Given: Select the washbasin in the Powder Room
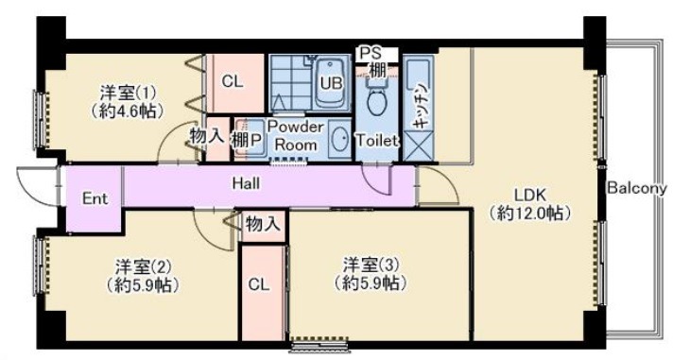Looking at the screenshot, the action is click(340, 139).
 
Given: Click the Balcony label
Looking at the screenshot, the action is click(637, 188).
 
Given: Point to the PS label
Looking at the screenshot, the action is click(370, 53).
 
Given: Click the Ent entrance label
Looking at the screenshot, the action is click(95, 198).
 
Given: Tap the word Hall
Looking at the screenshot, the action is click(246, 183).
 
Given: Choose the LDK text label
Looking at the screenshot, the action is click(530, 196).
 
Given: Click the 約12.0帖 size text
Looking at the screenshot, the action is click(530, 214).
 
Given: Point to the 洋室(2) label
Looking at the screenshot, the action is click(143, 266).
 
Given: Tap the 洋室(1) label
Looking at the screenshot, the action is click(128, 93).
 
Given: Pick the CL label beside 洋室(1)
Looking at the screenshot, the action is click(233, 81).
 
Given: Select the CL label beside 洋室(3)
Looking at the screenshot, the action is click(259, 284).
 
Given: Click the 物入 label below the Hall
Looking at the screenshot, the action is click(263, 224).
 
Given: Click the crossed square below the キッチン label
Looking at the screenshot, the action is click(419, 146).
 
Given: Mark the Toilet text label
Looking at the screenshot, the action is click(376, 140).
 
